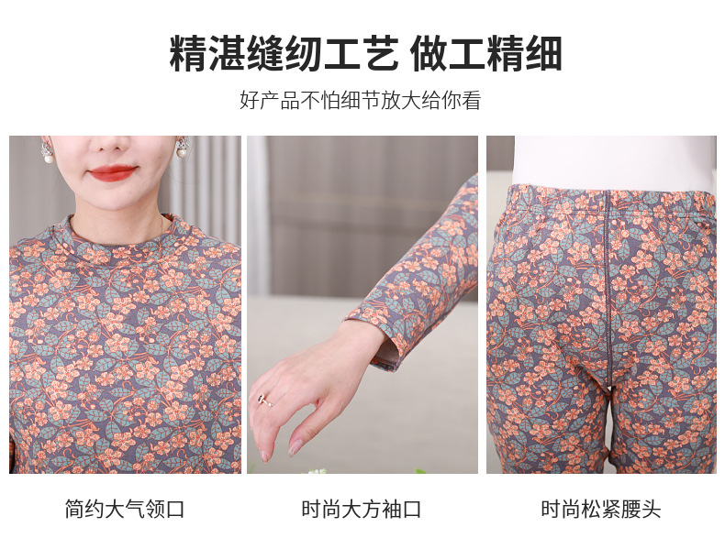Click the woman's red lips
tap(113, 172)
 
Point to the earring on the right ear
tap(182, 151)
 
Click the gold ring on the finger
tap(263, 400)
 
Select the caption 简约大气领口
tap(125, 510)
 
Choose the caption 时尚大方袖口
tap(362, 510)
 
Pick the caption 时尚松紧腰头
tap(600, 510)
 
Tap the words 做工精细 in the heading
tap(486, 54)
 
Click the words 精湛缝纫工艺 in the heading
tap(284, 54)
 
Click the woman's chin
tap(113, 197)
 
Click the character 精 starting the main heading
tap(189, 54)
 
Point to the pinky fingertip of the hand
tap(296, 449)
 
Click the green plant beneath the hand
tap(317, 471)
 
